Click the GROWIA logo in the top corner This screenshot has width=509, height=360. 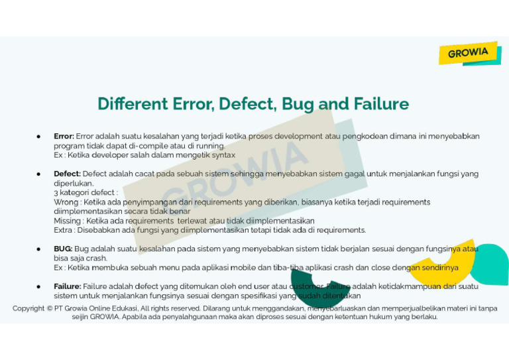tap(468, 53)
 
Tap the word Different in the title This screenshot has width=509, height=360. tap(133, 104)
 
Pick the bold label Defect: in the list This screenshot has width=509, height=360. tap(68, 174)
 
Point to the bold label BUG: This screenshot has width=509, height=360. tap(63, 249)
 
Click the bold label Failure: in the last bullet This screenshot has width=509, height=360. tap(68, 286)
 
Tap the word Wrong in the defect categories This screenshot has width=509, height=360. tap(66, 202)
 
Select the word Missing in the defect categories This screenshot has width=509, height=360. tap(68, 221)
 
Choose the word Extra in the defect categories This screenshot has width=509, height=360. tap(64, 230)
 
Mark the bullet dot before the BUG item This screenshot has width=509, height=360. tap(39, 249)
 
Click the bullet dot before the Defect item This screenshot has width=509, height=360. tap(39, 174)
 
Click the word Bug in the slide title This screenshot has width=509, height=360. tap(298, 104)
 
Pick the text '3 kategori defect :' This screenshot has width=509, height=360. tap(85, 192)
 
